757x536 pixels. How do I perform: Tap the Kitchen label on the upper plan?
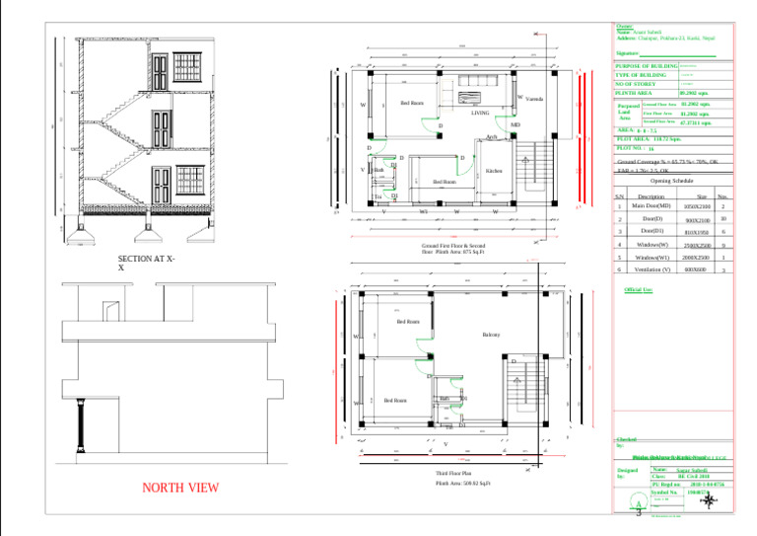point(494,171)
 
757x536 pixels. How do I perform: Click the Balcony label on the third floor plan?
point(491,335)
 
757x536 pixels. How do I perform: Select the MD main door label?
point(515,125)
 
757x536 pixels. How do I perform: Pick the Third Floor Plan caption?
point(453,474)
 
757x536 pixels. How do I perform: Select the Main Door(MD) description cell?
point(652,206)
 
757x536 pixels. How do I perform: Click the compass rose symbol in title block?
point(707,500)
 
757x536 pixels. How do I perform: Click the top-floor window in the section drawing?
point(161,70)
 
